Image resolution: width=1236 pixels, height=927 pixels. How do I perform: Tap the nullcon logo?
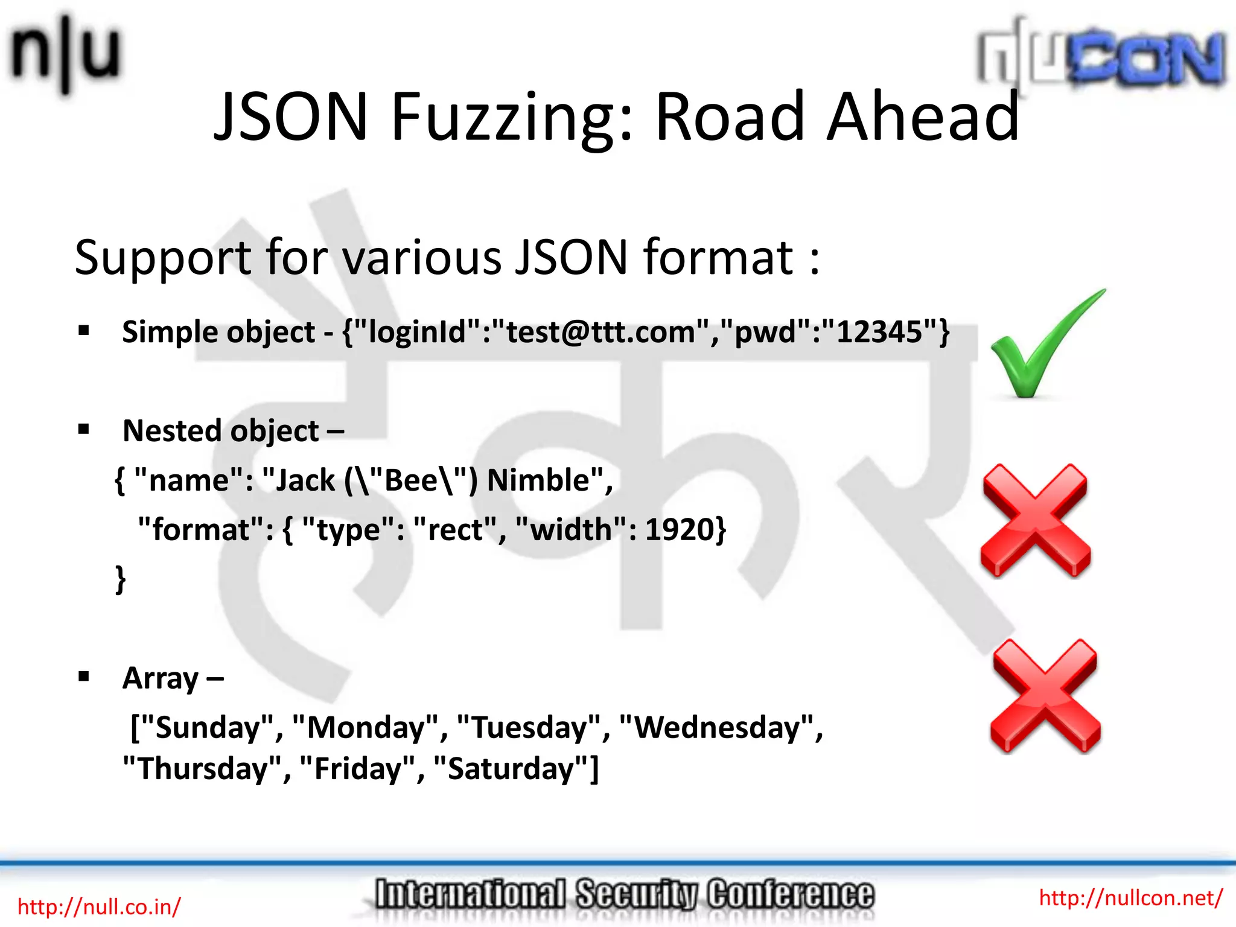(x=1102, y=57)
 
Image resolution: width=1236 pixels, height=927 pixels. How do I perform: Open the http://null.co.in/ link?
(x=99, y=906)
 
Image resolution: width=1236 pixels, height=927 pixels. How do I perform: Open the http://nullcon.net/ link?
(x=1130, y=897)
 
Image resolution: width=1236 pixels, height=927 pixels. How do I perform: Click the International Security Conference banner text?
(x=624, y=894)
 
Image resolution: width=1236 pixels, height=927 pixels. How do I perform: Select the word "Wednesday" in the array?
(x=717, y=727)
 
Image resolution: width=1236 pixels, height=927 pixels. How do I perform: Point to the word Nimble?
(x=538, y=480)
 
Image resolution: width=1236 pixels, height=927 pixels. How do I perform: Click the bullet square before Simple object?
(x=84, y=330)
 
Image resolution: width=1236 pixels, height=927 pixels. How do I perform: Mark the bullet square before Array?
(x=84, y=677)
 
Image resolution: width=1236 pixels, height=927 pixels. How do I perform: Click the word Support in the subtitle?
(x=162, y=257)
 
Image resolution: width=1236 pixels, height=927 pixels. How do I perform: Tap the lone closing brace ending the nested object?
(x=121, y=579)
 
